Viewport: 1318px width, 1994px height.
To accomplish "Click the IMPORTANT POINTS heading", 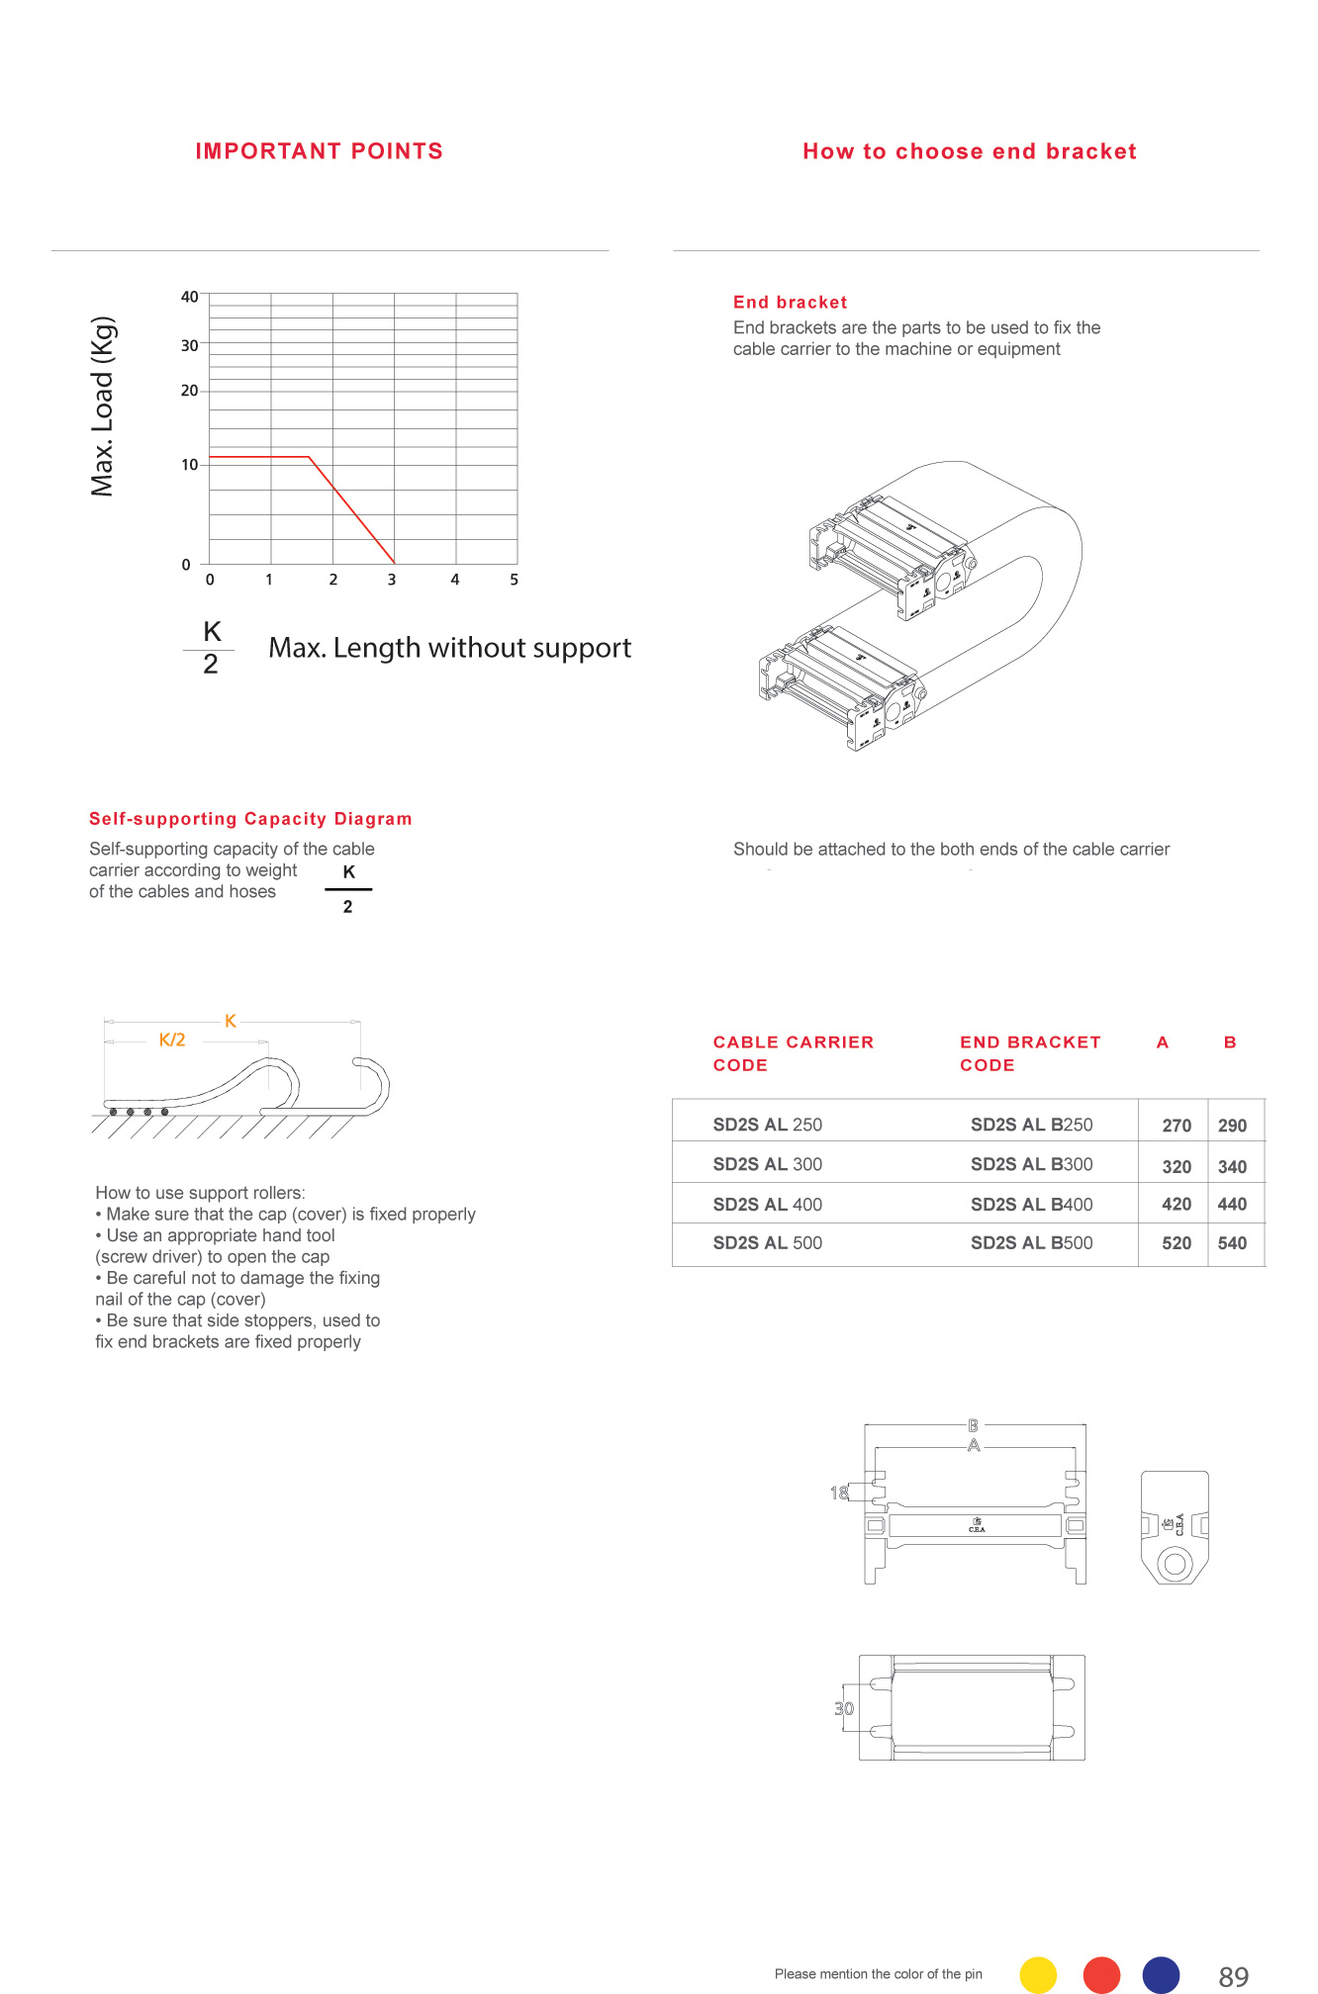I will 319,151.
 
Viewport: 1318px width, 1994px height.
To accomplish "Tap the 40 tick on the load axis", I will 189,297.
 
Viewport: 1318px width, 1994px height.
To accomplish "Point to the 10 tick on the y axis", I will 189,465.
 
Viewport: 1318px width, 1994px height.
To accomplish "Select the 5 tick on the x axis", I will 514,580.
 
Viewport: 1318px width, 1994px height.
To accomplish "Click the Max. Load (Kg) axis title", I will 103,407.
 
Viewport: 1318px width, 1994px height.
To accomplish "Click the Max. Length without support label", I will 449,648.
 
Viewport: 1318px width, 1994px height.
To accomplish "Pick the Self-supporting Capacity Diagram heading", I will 250,819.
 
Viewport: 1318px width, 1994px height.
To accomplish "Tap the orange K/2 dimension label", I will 172,1040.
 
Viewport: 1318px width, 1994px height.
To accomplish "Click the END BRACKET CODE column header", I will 1029,1053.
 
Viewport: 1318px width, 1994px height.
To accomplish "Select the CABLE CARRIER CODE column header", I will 793,1053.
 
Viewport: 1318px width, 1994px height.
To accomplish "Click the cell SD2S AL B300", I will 1031,1164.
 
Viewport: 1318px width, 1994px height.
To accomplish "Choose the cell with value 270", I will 1176,1126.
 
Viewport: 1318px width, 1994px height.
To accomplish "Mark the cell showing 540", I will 1232,1243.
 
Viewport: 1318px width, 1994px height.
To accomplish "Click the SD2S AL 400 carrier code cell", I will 767,1205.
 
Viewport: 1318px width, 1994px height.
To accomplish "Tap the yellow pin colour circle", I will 1038,1974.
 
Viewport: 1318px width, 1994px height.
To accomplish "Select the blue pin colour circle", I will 1161,1974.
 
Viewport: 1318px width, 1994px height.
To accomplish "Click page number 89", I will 1233,1976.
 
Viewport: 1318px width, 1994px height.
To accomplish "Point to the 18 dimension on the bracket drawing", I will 839,1493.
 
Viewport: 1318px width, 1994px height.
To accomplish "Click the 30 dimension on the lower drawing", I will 844,1708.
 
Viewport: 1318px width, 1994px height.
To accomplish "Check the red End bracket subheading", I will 790,303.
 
